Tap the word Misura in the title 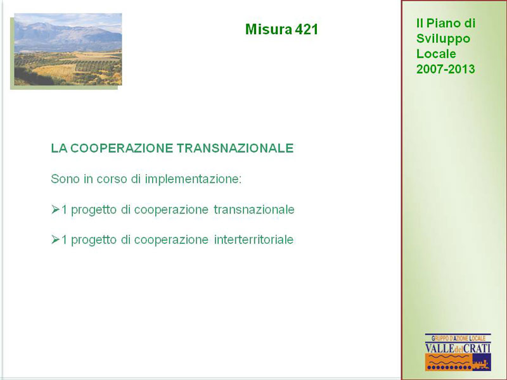pyautogui.click(x=268, y=29)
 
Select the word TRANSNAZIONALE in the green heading pyautogui.click(x=235, y=148)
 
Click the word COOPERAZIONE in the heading pyautogui.click(x=122, y=148)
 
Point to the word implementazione pyautogui.click(x=193, y=179)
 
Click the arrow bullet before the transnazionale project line pyautogui.click(x=55, y=210)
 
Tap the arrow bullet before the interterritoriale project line pyautogui.click(x=55, y=239)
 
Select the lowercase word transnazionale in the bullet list pyautogui.click(x=254, y=210)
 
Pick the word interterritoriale pyautogui.click(x=254, y=240)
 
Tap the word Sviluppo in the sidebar pyautogui.click(x=443, y=39)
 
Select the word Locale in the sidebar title pyautogui.click(x=436, y=54)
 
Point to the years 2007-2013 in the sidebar pyautogui.click(x=446, y=69)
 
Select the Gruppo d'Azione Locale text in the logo pyautogui.click(x=458, y=338)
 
